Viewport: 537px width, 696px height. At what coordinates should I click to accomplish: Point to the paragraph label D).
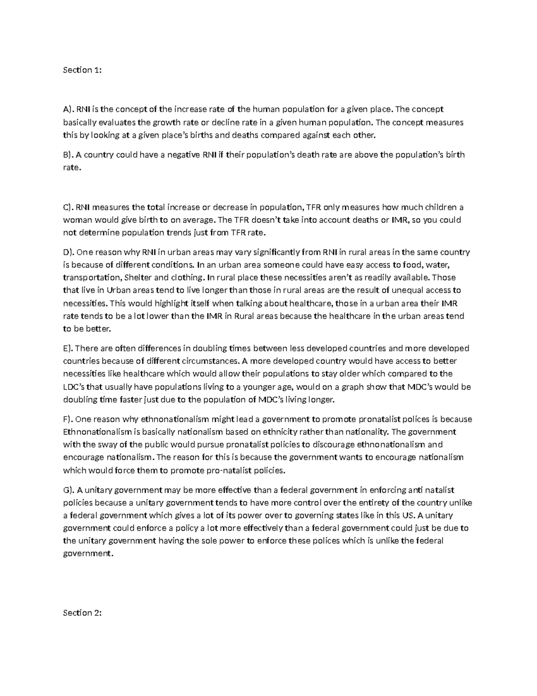pos(68,252)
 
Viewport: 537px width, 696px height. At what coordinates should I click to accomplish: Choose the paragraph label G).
pos(68,490)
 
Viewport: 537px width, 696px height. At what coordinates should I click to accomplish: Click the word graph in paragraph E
pos(353,387)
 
